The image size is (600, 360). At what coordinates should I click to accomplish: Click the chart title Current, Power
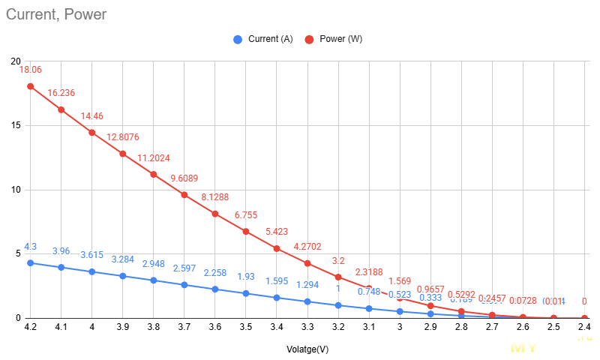pos(56,14)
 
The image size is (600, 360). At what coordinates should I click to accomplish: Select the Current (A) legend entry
pos(262,39)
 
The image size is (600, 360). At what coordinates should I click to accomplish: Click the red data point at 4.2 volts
pos(31,86)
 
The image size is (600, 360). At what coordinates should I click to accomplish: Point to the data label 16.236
pos(61,93)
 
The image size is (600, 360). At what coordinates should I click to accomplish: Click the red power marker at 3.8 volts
pos(153,175)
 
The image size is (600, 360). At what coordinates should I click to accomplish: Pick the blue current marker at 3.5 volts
pos(245,293)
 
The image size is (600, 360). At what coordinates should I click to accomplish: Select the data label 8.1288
pos(214,197)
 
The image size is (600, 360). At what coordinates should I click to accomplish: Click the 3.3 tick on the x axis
pos(307,328)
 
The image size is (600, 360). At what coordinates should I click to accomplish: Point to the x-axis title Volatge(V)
pos(307,349)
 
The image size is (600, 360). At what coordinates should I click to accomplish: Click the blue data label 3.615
pos(91,255)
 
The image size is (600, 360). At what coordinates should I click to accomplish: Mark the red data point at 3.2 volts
pos(337,277)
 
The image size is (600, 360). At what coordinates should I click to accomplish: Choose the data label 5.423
pos(276,232)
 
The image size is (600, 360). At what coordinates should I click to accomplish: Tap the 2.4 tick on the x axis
pos(583,328)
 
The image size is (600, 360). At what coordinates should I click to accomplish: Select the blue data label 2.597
pos(184,268)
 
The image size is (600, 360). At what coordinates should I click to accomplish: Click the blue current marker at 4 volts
pos(92,271)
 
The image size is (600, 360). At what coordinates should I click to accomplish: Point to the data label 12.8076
pos(123,137)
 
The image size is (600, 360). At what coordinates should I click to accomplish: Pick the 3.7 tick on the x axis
pos(184,328)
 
